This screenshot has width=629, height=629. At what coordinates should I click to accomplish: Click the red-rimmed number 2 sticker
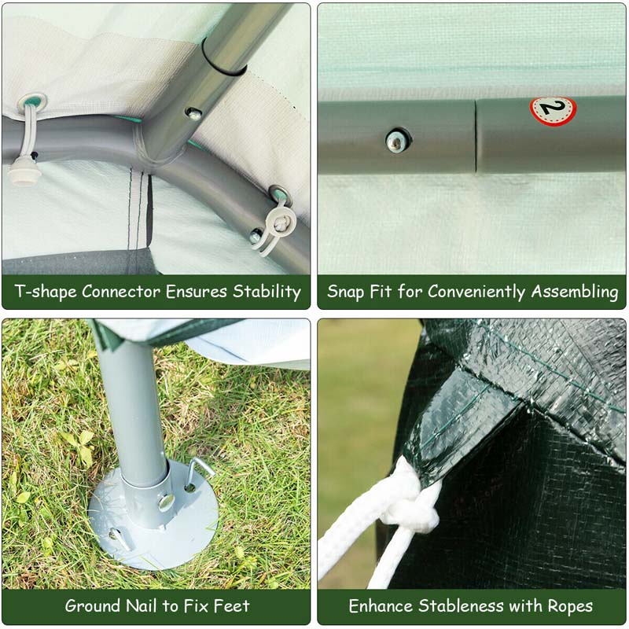[552, 110]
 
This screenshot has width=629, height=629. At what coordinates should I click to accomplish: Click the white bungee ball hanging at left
[25, 171]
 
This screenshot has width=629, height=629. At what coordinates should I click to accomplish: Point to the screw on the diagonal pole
[193, 114]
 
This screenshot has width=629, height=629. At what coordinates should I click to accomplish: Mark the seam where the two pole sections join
[476, 135]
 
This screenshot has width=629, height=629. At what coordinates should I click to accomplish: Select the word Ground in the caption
[93, 606]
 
